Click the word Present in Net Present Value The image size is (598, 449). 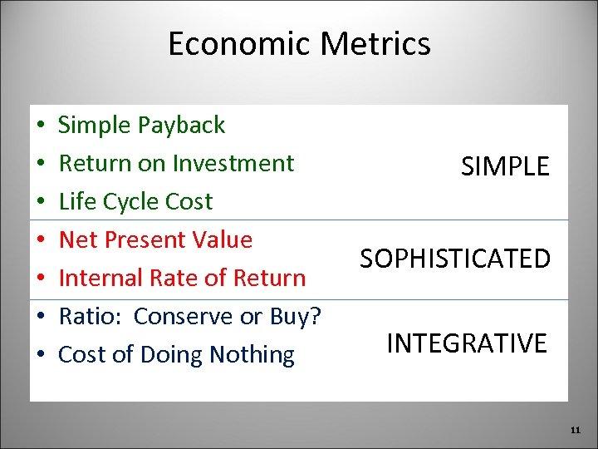coord(142,239)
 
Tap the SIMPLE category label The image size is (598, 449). coord(505,166)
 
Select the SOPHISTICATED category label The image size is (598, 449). coord(455,259)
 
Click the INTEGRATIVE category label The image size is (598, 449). coord(467,343)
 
